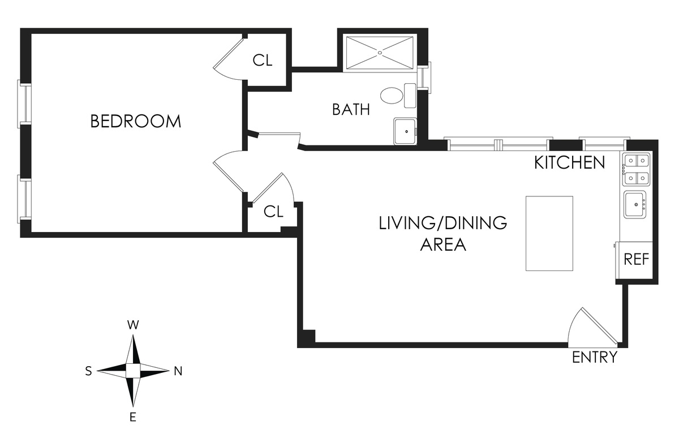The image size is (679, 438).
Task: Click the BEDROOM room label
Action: pyautogui.click(x=136, y=121)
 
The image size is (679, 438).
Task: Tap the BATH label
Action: pyautogui.click(x=351, y=109)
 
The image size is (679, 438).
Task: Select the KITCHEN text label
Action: pyautogui.click(x=569, y=163)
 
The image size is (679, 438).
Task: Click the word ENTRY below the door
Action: pyautogui.click(x=594, y=358)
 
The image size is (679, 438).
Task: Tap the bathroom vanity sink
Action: pyautogui.click(x=405, y=131)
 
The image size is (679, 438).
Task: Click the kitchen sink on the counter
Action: pyautogui.click(x=636, y=205)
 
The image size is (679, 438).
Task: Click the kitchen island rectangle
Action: pyautogui.click(x=549, y=233)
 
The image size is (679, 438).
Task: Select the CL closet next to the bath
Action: pyautogui.click(x=263, y=61)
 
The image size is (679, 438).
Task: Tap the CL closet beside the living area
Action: pyautogui.click(x=273, y=212)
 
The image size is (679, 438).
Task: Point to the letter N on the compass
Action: pyautogui.click(x=178, y=372)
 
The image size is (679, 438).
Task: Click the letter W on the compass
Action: pyautogui.click(x=133, y=325)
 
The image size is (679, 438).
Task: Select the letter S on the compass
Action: pyautogui.click(x=89, y=371)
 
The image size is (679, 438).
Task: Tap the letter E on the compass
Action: pyautogui.click(x=133, y=418)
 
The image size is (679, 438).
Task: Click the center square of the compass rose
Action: pyautogui.click(x=133, y=371)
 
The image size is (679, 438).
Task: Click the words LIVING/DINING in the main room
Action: pyautogui.click(x=442, y=223)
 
